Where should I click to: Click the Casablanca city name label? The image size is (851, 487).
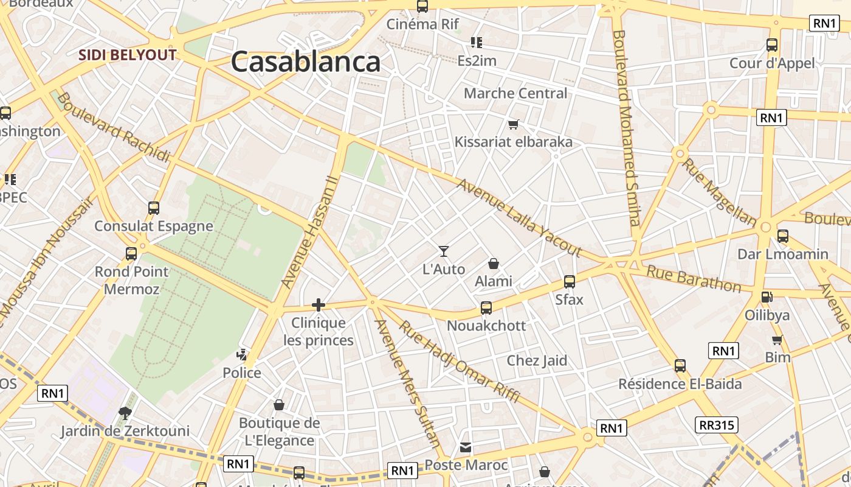click(x=305, y=62)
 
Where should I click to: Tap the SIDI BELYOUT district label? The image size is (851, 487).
click(x=127, y=55)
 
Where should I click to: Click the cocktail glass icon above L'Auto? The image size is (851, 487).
click(x=444, y=251)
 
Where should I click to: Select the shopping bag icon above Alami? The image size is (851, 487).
click(x=494, y=264)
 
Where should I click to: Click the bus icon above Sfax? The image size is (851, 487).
click(x=570, y=282)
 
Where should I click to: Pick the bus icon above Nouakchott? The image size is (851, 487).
click(x=486, y=307)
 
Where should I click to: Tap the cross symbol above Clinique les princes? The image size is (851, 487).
click(x=319, y=305)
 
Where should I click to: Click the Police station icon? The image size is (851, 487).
click(x=242, y=354)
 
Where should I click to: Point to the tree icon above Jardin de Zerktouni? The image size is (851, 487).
click(x=125, y=413)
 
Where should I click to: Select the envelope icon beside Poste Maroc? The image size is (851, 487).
click(x=466, y=447)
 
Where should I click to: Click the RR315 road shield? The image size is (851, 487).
click(x=717, y=425)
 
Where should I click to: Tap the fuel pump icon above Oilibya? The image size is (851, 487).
click(x=767, y=297)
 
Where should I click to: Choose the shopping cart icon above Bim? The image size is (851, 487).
click(x=777, y=340)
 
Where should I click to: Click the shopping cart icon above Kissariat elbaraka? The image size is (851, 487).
click(x=513, y=124)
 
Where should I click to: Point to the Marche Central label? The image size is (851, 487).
click(x=515, y=94)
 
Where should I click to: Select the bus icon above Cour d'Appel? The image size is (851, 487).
click(x=772, y=45)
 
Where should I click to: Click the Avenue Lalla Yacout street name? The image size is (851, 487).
click(x=519, y=217)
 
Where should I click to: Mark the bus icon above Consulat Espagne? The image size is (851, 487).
click(x=154, y=208)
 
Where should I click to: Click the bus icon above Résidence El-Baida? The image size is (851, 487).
click(x=680, y=366)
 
